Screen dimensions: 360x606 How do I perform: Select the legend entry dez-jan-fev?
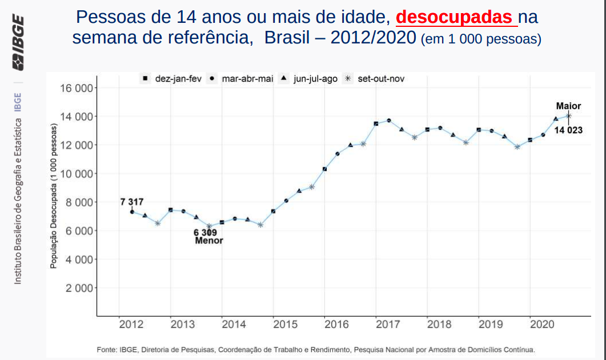[171, 79]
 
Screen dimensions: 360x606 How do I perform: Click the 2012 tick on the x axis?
[131, 325]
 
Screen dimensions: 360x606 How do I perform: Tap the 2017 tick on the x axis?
[388, 325]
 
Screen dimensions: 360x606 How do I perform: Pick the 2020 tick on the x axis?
[542, 325]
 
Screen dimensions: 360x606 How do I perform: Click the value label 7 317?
[132, 202]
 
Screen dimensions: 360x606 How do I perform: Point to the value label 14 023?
[568, 130]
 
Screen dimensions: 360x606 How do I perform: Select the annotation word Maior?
[568, 106]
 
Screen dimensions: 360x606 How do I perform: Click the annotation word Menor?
[209, 241]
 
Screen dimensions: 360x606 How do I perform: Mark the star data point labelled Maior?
[568, 115]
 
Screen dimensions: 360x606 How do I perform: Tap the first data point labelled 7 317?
[133, 212]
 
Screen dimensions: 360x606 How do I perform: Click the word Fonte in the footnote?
[107, 349]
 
